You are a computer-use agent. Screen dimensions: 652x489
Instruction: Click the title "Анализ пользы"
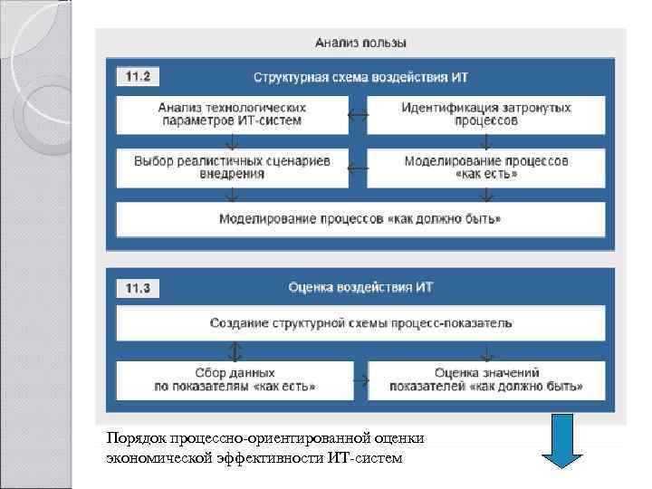tap(360, 42)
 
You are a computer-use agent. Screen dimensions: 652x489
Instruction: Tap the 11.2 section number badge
tap(137, 77)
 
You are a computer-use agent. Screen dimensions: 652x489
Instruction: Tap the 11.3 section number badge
tap(137, 289)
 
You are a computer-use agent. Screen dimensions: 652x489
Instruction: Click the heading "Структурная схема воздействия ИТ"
tap(360, 78)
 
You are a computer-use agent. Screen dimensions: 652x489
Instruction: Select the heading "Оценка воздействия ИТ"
tap(360, 288)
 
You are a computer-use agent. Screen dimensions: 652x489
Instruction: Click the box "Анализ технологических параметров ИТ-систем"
tap(233, 114)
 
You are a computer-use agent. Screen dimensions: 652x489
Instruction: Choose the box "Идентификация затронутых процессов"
tap(486, 114)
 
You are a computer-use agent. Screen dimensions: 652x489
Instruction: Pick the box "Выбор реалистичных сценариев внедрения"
tap(233, 168)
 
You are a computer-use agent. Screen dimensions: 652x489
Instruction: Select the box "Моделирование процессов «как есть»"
tap(486, 168)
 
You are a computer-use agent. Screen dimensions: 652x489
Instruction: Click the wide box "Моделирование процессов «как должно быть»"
tap(360, 219)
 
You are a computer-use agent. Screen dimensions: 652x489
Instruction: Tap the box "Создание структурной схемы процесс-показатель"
tap(360, 322)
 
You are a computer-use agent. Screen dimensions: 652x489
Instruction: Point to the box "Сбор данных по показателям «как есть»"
tap(233, 379)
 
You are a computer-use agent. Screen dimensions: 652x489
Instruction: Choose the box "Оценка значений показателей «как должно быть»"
tap(486, 379)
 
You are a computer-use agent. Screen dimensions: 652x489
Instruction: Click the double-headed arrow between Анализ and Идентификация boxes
tap(358, 115)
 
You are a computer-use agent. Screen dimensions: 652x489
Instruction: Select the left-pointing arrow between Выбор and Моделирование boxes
tap(358, 168)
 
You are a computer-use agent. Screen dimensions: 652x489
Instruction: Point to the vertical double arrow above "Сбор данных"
tap(235, 350)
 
